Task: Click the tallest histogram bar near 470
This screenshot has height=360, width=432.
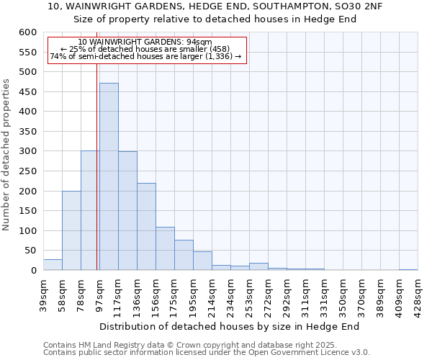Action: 109,176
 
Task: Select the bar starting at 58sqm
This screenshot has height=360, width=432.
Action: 71,230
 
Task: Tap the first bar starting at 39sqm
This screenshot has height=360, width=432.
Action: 53,264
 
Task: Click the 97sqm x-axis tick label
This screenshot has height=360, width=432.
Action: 99,293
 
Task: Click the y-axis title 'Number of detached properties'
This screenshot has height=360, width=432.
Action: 6,155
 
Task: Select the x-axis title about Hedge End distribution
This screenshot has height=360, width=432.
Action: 229,326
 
